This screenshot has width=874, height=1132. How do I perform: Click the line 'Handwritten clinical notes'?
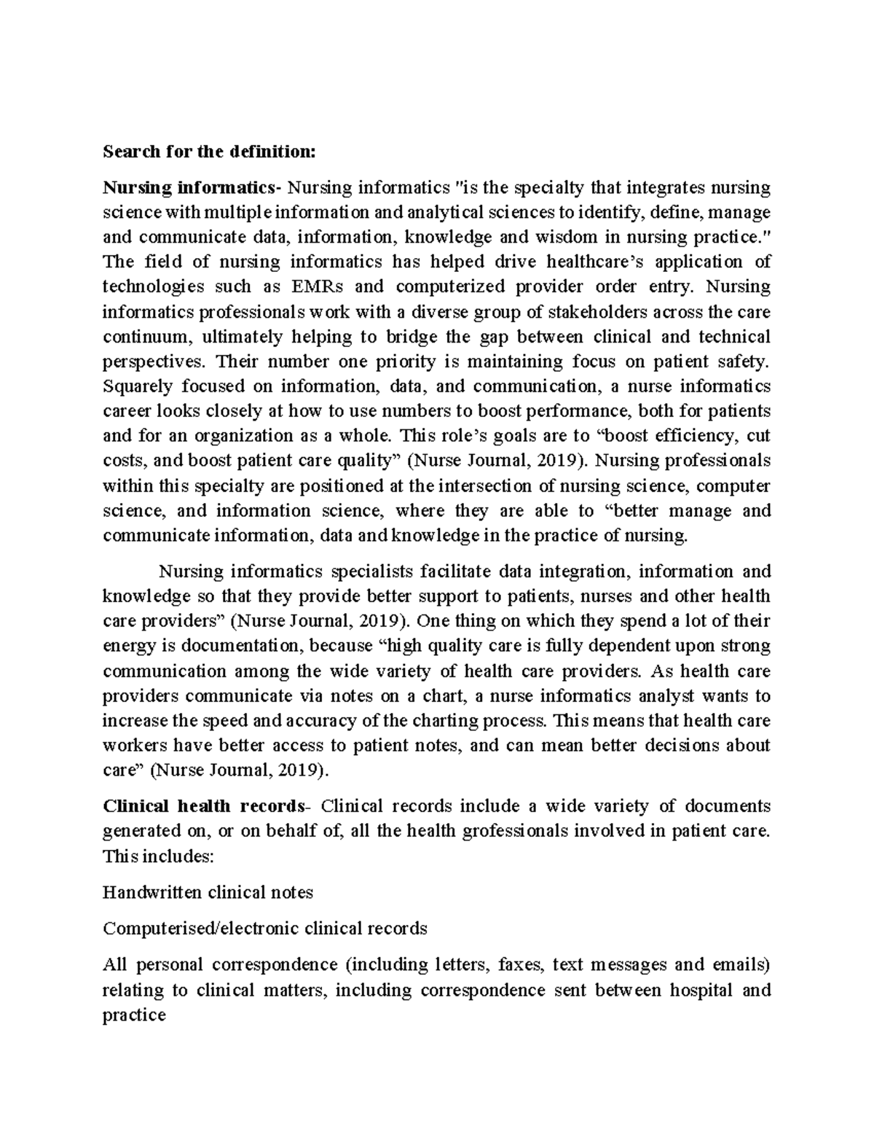pyautogui.click(x=208, y=892)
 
